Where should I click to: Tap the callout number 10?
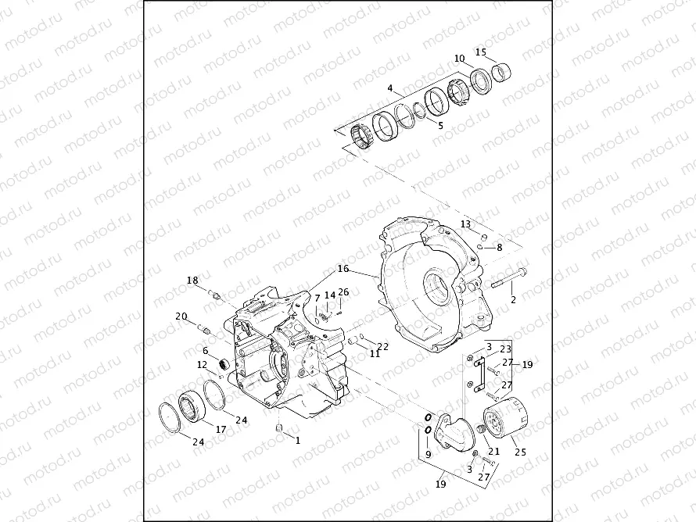pyautogui.click(x=459, y=59)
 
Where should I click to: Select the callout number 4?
pyautogui.click(x=389, y=89)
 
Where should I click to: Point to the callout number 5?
pyautogui.click(x=440, y=124)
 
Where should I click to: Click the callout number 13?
pyautogui.click(x=465, y=224)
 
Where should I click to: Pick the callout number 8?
pyautogui.click(x=500, y=247)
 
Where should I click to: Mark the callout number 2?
pyautogui.click(x=513, y=299)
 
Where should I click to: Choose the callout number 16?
pyautogui.click(x=343, y=268)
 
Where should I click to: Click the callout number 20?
pyautogui.click(x=181, y=316)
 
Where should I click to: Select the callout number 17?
pyautogui.click(x=221, y=429)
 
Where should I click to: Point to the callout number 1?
pyautogui.click(x=297, y=440)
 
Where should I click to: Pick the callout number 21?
pyautogui.click(x=493, y=451)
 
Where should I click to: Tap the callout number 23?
pyautogui.click(x=506, y=349)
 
